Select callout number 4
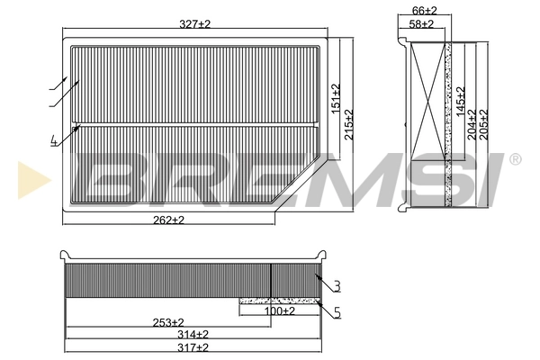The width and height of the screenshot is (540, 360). (55, 139)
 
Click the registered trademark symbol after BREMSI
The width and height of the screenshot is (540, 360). (515, 159)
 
